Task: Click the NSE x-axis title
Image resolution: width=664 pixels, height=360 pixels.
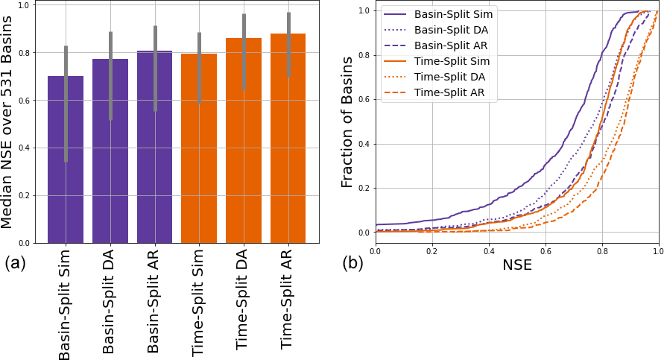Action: coord(516,264)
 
